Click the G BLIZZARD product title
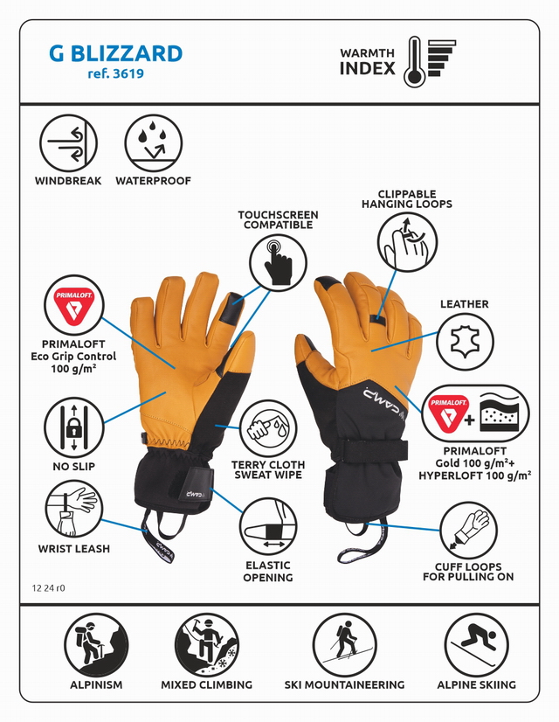click(x=115, y=53)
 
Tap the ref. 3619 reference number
click(x=115, y=73)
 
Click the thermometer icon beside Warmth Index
click(x=414, y=61)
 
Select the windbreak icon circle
click(x=68, y=143)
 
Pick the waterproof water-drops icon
click(x=153, y=143)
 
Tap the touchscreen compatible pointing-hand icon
click(x=278, y=262)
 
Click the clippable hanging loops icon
click(x=407, y=242)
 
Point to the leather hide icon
click(x=465, y=342)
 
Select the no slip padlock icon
click(x=73, y=427)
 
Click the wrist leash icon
click(x=73, y=510)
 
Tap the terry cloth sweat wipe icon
click(x=268, y=428)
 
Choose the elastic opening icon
click(x=268, y=527)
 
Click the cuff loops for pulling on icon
click(x=468, y=531)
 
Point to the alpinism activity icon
click(x=96, y=645)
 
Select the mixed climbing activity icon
click(x=207, y=645)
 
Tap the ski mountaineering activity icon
click(x=344, y=645)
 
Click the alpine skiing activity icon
click(x=476, y=645)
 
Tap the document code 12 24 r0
click(x=48, y=588)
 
